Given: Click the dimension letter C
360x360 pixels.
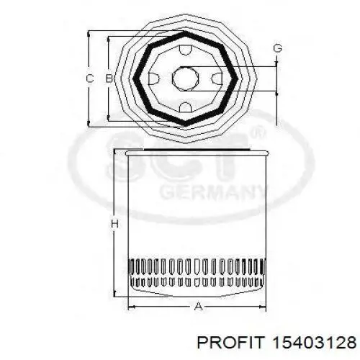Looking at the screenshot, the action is click(89, 78).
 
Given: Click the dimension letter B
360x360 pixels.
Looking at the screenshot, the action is click(109, 78).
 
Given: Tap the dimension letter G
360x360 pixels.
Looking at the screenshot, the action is click(277, 48).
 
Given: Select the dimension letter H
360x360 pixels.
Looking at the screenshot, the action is click(115, 224).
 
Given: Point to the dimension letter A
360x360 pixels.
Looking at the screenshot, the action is click(198, 307).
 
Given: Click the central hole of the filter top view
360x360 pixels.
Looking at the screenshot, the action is click(186, 78).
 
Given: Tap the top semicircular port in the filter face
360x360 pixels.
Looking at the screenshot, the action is click(186, 50).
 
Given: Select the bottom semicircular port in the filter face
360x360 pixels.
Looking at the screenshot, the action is click(186, 107).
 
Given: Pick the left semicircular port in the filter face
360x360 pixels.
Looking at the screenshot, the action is click(153, 78).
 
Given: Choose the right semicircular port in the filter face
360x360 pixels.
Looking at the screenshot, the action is click(217, 78).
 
